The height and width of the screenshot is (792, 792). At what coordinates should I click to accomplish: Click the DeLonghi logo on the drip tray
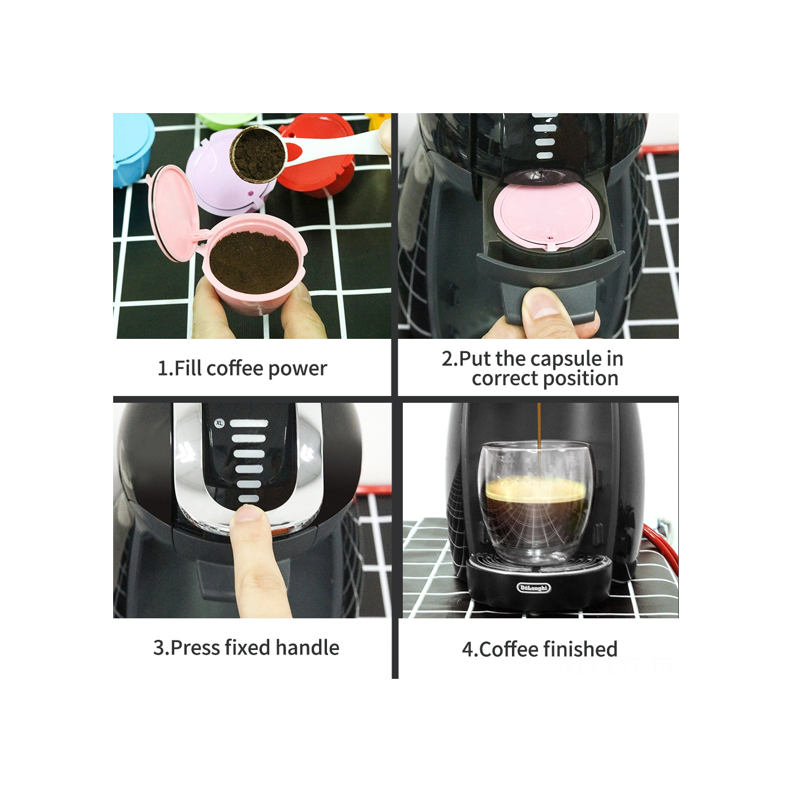click(533, 588)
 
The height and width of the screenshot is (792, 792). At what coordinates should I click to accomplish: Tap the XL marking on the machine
click(219, 423)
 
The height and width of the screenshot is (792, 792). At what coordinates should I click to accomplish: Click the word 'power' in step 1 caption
click(298, 369)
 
